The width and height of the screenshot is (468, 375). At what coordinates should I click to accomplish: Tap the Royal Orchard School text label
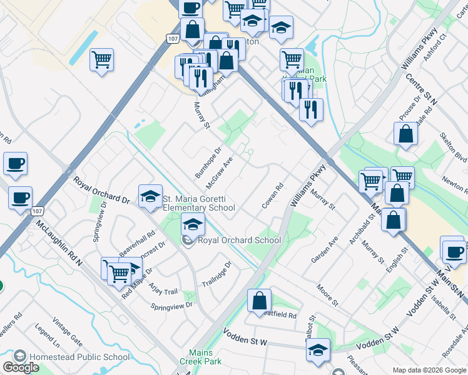pos(239,240)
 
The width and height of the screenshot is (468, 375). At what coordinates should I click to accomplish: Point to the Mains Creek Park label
pos(205,357)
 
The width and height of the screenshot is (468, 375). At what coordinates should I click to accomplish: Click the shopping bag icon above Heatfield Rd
pos(259,301)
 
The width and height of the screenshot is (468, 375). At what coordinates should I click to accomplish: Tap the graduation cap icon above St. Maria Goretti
pos(150,197)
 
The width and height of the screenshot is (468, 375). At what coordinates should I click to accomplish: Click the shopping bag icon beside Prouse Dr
pos(406,134)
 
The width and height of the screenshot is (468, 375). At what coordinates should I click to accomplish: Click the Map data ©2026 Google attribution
pos(429,369)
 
